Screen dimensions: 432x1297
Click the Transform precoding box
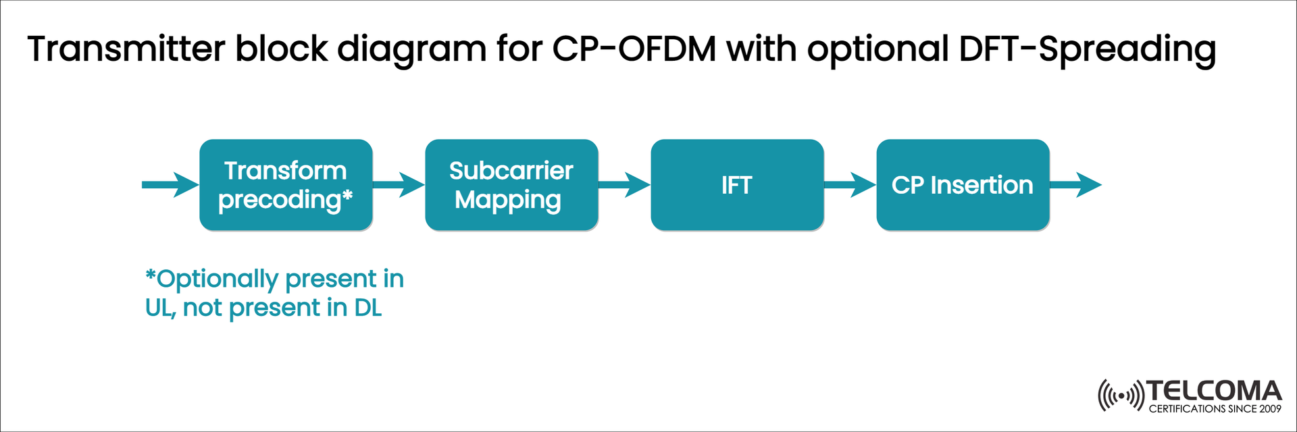286,185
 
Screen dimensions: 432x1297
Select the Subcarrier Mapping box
511,185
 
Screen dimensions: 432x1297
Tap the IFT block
737,185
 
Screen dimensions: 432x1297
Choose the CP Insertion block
963,185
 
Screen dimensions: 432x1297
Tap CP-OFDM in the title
634,49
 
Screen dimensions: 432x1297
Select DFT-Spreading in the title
1087,49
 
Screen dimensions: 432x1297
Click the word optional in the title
878,49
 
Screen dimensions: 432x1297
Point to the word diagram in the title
411,49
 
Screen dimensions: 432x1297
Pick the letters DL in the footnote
368,308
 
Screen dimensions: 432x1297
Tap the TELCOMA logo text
1214,391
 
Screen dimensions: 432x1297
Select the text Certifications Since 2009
1215,409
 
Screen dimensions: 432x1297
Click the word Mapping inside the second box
508,200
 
